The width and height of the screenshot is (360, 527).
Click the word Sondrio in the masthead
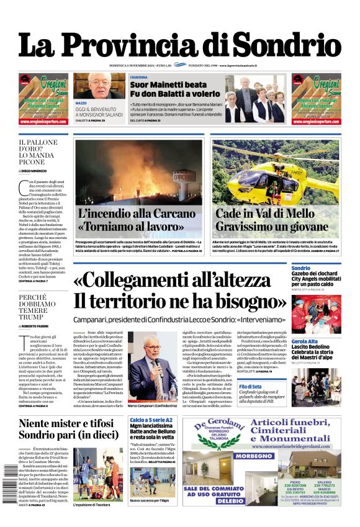point(289,45)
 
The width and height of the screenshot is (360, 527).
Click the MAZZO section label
point(81,103)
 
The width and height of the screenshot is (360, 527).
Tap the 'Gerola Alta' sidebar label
point(306,341)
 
